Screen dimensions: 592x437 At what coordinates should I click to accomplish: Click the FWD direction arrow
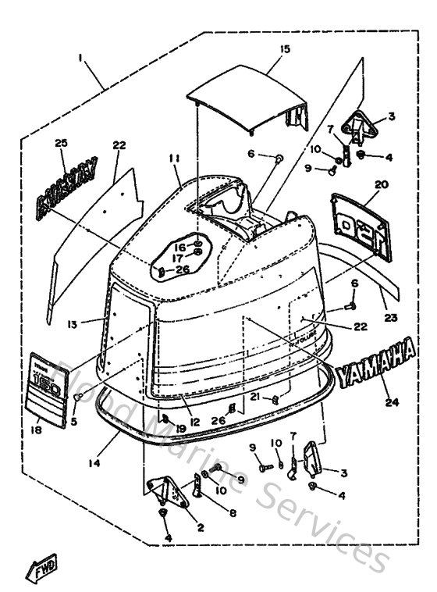[x=44, y=571]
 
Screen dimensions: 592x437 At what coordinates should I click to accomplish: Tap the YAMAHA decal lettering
[x=375, y=361]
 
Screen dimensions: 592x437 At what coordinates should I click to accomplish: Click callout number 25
[x=62, y=142]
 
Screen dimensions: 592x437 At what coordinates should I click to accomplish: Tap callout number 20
[x=380, y=184]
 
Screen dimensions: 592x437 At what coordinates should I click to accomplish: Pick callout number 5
[x=74, y=422]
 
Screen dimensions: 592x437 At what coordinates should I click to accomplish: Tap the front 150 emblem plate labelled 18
[x=46, y=388]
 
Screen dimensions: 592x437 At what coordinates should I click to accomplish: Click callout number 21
[x=255, y=396]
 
